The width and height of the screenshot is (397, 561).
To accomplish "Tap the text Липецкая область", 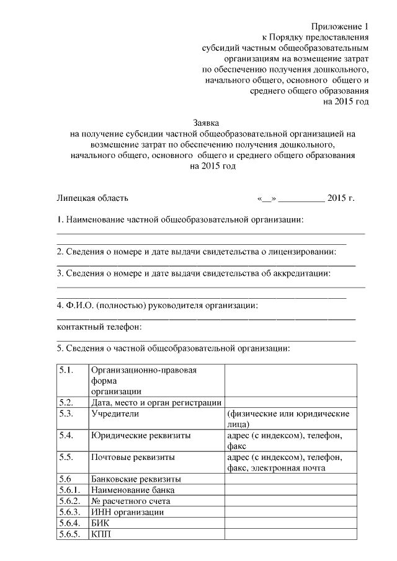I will tap(92, 198).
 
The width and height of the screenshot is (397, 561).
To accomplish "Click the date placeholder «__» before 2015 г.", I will tap(266, 198).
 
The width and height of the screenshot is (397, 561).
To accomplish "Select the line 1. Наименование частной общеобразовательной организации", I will tap(181, 220).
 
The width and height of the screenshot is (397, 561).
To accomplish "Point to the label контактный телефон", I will tap(100, 327).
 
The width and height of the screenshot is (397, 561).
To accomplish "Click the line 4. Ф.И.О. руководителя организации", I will tap(156, 306).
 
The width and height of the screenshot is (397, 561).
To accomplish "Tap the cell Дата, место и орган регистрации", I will tap(156, 402).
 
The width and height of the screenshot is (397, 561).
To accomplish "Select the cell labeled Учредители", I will tap(115, 413).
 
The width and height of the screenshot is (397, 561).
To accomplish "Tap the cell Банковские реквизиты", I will tap(136, 479).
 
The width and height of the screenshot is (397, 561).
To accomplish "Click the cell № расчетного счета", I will tap(130, 501).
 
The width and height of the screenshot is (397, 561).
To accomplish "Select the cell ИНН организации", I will tap(127, 512).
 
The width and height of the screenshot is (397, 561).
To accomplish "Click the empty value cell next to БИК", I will tap(290, 523).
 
